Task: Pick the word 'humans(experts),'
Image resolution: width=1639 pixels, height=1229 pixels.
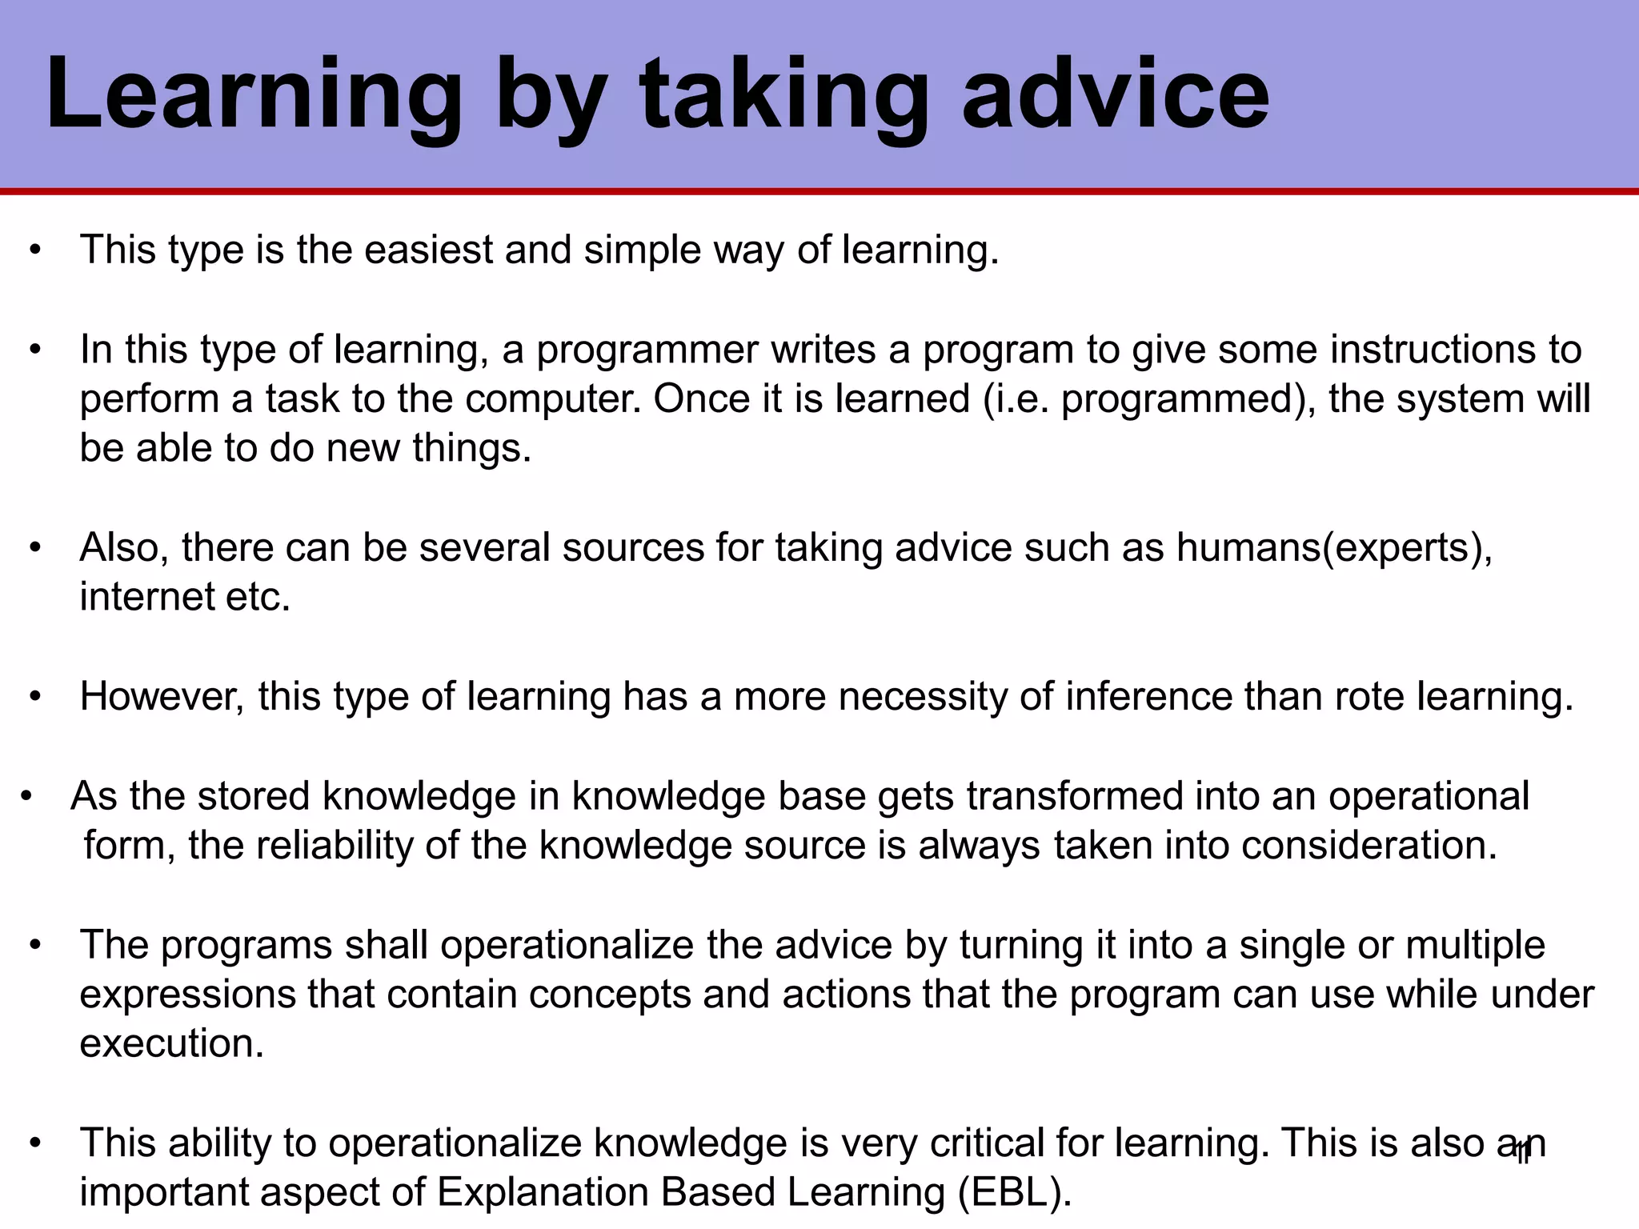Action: pyautogui.click(x=1334, y=548)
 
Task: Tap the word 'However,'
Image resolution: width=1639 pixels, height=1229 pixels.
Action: pyautogui.click(x=162, y=697)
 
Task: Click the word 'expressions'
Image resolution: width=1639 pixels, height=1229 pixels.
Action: pyautogui.click(x=187, y=995)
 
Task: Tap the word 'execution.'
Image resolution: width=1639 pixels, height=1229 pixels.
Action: pyautogui.click(x=172, y=1044)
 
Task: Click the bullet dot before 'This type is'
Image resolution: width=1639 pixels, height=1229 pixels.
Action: pyautogui.click(x=34, y=251)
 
